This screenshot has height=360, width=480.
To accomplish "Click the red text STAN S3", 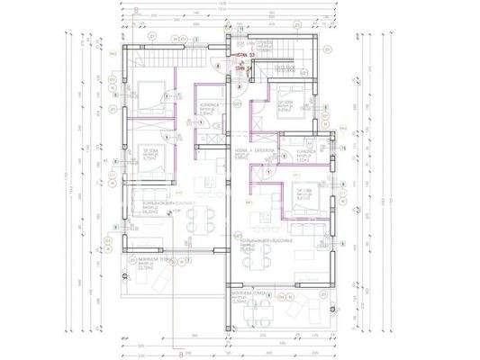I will (241, 56).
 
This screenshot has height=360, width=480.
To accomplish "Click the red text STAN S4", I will (241, 67).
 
